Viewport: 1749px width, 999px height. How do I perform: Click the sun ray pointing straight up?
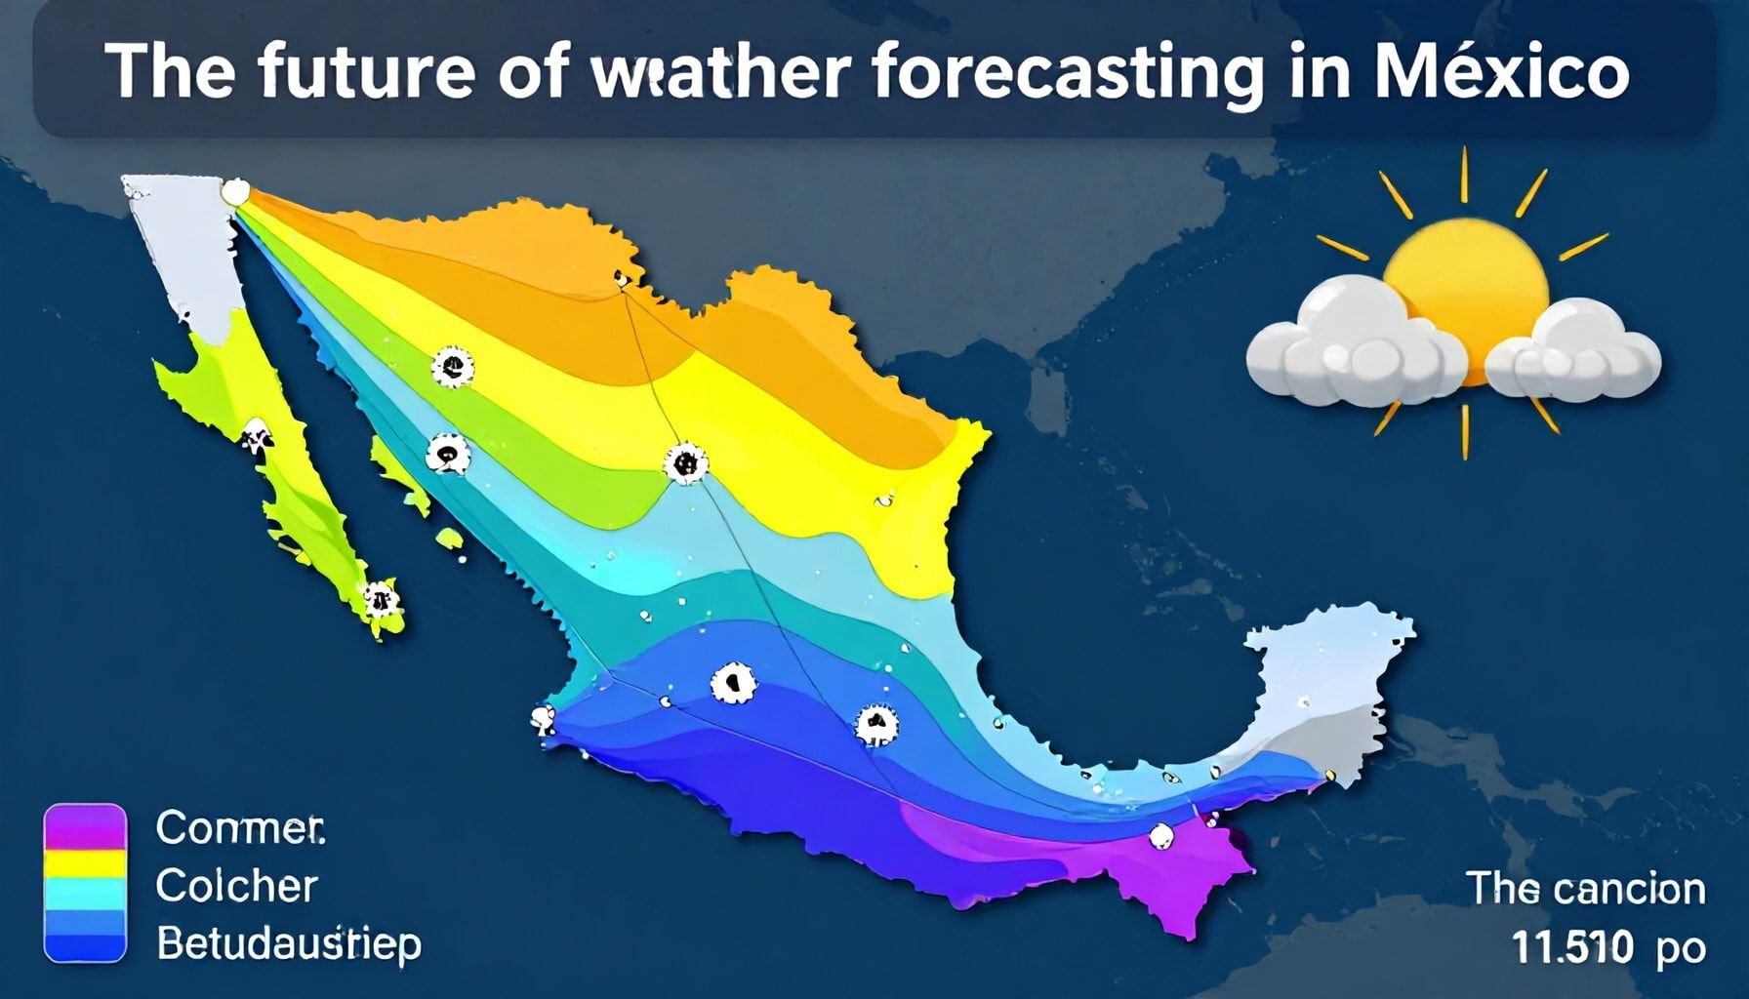1464,174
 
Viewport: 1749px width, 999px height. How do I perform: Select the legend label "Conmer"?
240,828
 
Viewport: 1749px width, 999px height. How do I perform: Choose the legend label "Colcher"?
237,886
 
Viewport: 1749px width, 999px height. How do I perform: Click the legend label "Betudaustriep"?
289,944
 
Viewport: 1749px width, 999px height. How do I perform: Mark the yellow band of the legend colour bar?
86,863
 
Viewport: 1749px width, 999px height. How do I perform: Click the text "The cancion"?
1586,889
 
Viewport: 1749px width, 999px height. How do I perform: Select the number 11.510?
1572,945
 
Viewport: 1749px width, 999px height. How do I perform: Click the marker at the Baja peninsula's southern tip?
380,600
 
